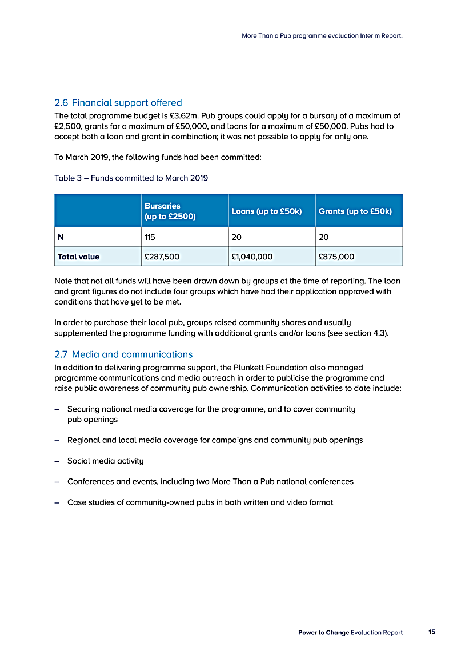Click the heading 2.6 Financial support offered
(x=118, y=103)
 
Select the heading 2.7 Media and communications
(x=123, y=354)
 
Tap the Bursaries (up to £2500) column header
(x=170, y=211)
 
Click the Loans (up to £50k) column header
(x=266, y=211)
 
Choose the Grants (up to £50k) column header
(x=355, y=211)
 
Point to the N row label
(x=61, y=237)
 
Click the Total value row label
(x=79, y=257)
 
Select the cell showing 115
(x=150, y=237)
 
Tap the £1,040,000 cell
(x=252, y=257)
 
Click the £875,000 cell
(x=336, y=257)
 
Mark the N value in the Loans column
(x=236, y=237)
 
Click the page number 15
(x=431, y=632)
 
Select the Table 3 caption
(x=131, y=178)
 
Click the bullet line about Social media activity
(x=105, y=461)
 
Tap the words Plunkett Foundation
(x=273, y=368)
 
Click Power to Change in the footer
(x=323, y=633)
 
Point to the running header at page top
(x=322, y=35)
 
